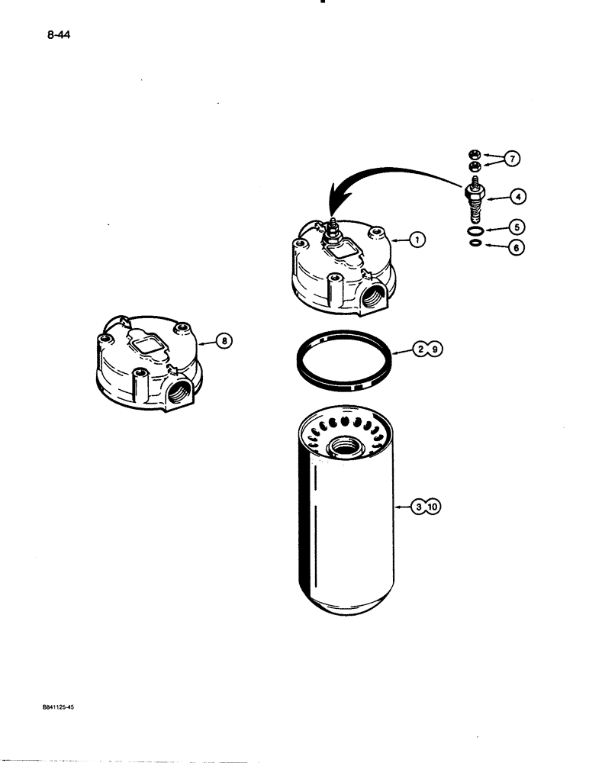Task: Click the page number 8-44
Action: pos(57,35)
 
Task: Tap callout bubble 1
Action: pos(416,239)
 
